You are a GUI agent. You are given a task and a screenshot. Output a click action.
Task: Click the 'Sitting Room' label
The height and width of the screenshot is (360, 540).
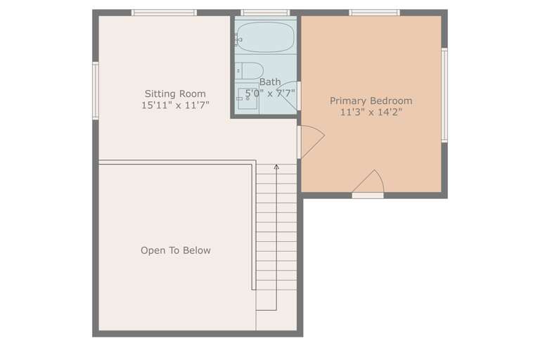(175, 94)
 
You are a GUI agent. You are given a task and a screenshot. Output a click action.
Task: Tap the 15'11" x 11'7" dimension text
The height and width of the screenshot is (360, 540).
(175, 105)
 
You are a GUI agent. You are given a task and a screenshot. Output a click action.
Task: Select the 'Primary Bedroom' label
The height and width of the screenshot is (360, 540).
(371, 101)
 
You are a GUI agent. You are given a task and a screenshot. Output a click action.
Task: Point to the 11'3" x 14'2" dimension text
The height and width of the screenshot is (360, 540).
(371, 112)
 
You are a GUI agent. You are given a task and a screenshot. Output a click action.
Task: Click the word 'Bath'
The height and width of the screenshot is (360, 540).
(269, 82)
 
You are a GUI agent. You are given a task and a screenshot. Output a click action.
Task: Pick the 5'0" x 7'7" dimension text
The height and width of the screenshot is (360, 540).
(269, 92)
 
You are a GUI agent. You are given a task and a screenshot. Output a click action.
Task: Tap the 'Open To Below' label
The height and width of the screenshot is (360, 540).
(175, 250)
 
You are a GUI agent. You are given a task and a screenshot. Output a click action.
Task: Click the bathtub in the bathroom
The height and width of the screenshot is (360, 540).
(264, 37)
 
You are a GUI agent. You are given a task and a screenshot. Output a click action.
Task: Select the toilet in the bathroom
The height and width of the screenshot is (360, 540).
(250, 70)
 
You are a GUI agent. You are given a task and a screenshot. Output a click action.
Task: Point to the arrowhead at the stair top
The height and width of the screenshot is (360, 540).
(276, 167)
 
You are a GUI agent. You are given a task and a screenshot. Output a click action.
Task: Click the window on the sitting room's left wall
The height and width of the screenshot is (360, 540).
(96, 91)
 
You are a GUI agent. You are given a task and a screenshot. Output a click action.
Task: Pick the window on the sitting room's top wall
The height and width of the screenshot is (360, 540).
(164, 13)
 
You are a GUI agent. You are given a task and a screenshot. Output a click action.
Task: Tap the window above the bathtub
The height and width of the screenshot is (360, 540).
(265, 13)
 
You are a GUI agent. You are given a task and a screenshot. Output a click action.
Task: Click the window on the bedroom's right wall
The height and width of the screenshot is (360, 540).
(444, 95)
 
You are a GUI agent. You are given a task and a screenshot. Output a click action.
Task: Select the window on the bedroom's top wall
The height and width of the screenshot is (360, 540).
(374, 13)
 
